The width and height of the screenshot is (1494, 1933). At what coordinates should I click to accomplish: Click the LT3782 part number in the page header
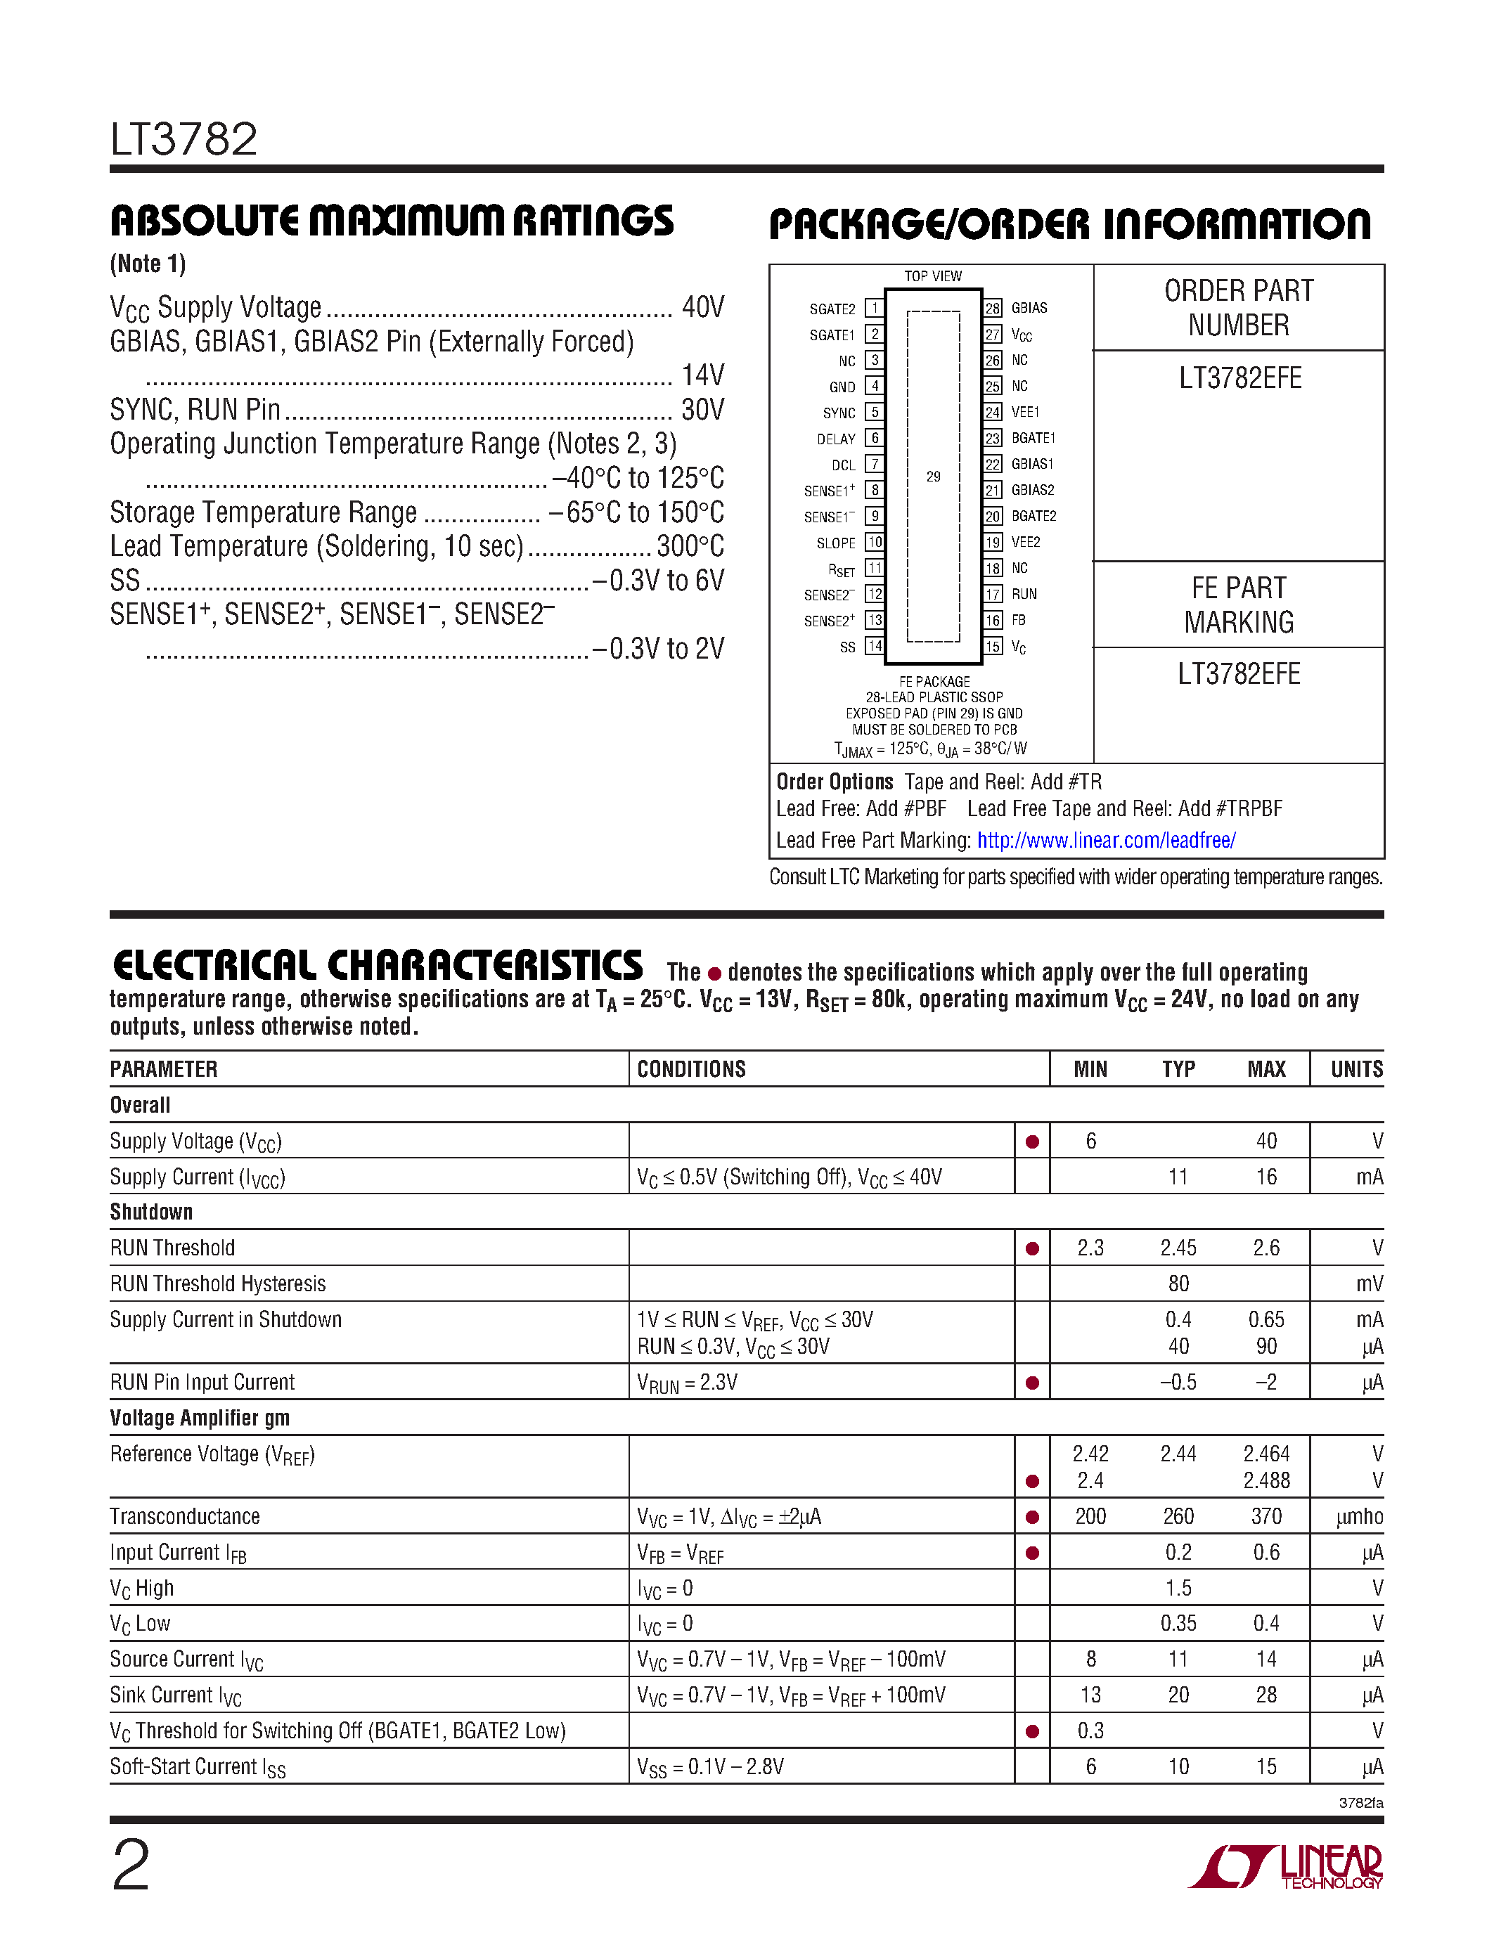click(184, 140)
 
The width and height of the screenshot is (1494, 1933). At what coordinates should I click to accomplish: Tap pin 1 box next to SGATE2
click(874, 308)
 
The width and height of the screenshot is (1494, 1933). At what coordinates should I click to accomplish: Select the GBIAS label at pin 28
click(1029, 308)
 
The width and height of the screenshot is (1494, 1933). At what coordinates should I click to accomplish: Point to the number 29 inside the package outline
click(933, 476)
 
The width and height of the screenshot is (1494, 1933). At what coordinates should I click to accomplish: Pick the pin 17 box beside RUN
click(993, 594)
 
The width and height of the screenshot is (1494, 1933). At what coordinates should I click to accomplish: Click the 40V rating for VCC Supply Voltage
click(703, 307)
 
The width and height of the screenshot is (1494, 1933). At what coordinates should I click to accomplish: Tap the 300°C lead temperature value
click(690, 546)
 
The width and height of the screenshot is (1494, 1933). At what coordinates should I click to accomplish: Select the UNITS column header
click(1356, 1069)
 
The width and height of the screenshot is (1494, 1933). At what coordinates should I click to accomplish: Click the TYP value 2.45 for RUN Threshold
click(1178, 1248)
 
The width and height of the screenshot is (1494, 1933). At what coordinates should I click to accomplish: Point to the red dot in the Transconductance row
click(1032, 1517)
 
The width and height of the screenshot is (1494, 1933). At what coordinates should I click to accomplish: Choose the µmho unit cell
click(1360, 1517)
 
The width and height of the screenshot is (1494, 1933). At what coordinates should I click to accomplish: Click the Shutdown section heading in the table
click(151, 1212)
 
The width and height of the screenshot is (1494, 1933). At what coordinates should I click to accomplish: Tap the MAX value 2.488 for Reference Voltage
click(1266, 1481)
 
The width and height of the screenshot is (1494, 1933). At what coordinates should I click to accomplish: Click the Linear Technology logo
click(1285, 1868)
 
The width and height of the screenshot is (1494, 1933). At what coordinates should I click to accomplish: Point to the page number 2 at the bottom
click(131, 1864)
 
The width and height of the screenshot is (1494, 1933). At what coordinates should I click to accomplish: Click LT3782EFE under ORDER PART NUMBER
click(1239, 379)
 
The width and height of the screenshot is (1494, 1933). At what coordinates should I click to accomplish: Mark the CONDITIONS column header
click(691, 1069)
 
